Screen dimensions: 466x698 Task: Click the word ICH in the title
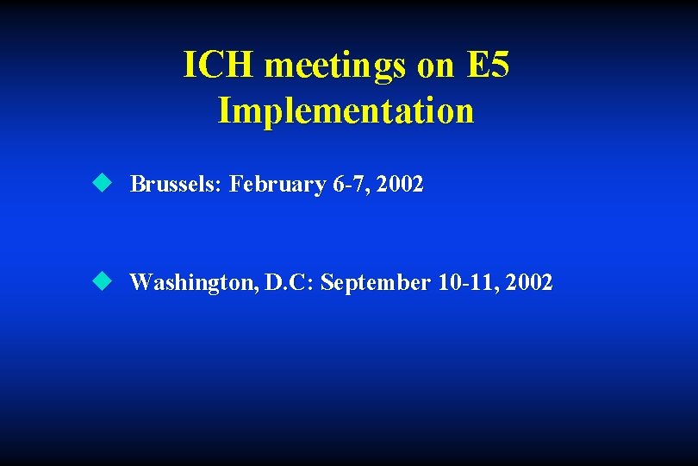click(x=220, y=66)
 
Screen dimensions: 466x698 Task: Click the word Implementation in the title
click(x=346, y=110)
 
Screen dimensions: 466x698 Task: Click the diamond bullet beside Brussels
click(x=103, y=183)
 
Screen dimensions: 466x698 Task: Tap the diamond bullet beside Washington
click(x=103, y=280)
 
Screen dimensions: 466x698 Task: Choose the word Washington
click(x=191, y=282)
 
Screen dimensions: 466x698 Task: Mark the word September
click(x=375, y=282)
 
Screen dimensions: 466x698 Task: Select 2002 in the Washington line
click(x=531, y=282)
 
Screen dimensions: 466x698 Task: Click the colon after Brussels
click(x=222, y=186)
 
